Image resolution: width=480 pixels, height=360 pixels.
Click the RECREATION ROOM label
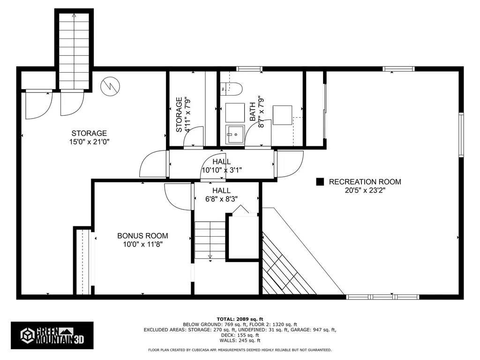click(x=365, y=182)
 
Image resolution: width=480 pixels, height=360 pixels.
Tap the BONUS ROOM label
click(x=142, y=236)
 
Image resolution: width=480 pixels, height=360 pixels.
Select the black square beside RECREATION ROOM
click(x=320, y=182)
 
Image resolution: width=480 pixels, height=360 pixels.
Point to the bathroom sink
click(x=235, y=135)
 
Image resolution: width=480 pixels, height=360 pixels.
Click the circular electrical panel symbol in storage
click(x=110, y=86)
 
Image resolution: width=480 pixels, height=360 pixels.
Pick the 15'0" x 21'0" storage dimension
click(x=90, y=142)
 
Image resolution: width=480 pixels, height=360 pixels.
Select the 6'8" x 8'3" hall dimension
click(x=221, y=199)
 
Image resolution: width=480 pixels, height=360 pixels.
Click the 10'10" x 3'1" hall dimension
click(x=222, y=170)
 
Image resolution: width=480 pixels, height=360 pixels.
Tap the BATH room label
click(x=253, y=112)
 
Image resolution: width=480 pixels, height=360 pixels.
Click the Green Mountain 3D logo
click(x=52, y=336)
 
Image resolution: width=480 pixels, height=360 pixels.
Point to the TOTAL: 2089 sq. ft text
click(x=240, y=319)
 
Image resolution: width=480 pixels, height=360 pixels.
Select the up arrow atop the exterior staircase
click(x=74, y=16)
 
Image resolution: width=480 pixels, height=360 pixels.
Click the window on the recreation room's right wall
click(x=461, y=135)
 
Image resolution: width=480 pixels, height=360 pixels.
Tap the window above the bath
click(x=249, y=69)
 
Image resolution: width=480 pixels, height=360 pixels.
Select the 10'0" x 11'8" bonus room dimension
click(x=142, y=244)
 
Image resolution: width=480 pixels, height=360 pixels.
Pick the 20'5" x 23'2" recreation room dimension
click(x=365, y=190)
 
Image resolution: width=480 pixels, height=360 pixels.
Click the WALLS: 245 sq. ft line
click(x=240, y=340)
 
